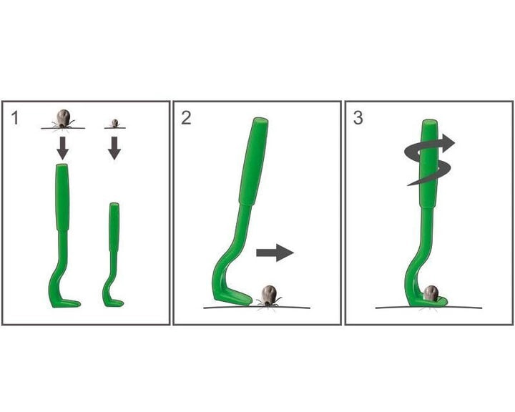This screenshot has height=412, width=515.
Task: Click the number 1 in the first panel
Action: (14, 118)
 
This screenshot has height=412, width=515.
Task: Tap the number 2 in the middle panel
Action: (186, 118)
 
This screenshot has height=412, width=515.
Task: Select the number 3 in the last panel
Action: (358, 118)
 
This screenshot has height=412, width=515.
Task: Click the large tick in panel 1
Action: (64, 119)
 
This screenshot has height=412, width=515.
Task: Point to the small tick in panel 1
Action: (114, 123)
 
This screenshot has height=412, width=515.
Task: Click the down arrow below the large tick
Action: (62, 148)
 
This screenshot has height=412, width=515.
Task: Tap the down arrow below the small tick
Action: (114, 148)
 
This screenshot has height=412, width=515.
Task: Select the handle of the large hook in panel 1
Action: (62, 197)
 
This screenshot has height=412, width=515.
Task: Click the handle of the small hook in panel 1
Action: (114, 227)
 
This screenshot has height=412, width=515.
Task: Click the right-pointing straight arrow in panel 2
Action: (275, 252)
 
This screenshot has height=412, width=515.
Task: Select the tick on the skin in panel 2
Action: (270, 295)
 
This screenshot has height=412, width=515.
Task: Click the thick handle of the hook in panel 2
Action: (254, 162)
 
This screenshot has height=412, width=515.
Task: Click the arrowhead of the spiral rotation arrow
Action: (448, 143)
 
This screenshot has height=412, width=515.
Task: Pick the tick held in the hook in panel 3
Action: (431, 293)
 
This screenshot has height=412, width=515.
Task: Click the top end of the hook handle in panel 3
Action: (430, 122)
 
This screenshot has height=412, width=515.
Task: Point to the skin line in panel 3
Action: (428, 307)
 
